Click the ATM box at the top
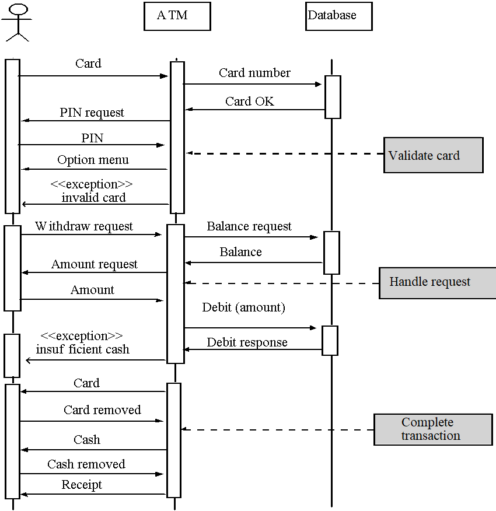pyautogui.click(x=177, y=16)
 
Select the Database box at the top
pyautogui.click(x=338, y=16)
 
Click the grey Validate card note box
pyautogui.click(x=433, y=155)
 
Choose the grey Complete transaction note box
pyautogui.click(x=432, y=429)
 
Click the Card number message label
pyautogui.click(x=254, y=73)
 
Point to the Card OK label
pyautogui.click(x=250, y=101)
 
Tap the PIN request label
pyautogui.click(x=92, y=113)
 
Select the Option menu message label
pyautogui.click(x=93, y=160)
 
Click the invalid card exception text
pyautogui.click(x=93, y=197)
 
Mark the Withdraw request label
pyautogui.click(x=84, y=226)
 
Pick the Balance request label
pyautogui.click(x=249, y=226)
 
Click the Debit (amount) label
pyautogui.click(x=243, y=307)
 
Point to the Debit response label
pyautogui.click(x=247, y=342)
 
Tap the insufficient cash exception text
pyautogui.click(x=82, y=349)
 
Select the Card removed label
pyautogui.click(x=102, y=410)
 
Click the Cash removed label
pyautogui.click(x=86, y=464)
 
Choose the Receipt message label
pyautogui.click(x=82, y=485)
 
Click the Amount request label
pyautogui.click(x=95, y=264)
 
